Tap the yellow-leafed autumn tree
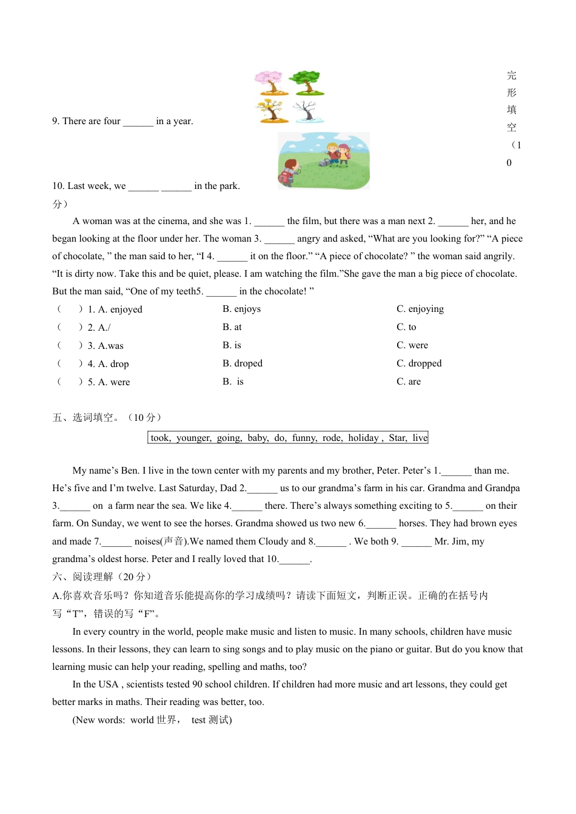[271, 111]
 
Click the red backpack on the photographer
[285, 176]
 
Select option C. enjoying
[420, 309]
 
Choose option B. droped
[243, 363]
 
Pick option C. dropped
[419, 363]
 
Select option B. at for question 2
[232, 327]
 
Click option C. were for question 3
[412, 345]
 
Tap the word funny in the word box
[304, 438]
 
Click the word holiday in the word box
[363, 438]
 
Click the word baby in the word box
[258, 438]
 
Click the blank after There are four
[138, 121]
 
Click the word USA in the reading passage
[109, 684]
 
